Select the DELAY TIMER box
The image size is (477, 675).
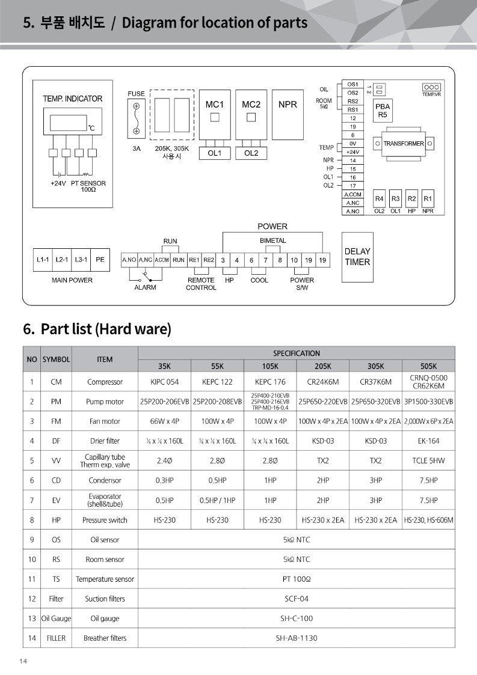tap(357, 257)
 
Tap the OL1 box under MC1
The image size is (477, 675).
tap(215, 153)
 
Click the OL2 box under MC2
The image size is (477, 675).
tap(251, 153)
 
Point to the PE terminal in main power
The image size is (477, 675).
tap(100, 260)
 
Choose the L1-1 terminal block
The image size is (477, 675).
tap(43, 260)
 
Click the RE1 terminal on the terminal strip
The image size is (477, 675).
tap(194, 260)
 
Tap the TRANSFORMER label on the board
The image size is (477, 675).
tap(404, 144)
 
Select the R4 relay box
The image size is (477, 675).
tap(379, 199)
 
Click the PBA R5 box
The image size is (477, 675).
tap(383, 111)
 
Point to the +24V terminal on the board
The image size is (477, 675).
tap(352, 152)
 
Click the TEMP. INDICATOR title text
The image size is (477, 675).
tap(72, 99)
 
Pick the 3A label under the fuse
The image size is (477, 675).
tap(137, 148)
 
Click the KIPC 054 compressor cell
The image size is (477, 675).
tap(164, 382)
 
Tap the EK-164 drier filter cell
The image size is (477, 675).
tap(428, 441)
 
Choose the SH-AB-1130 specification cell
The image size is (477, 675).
tap(296, 638)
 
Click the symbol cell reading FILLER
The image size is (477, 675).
tap(56, 638)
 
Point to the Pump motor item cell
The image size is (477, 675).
tap(105, 402)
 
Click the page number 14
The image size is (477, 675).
tap(23, 662)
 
